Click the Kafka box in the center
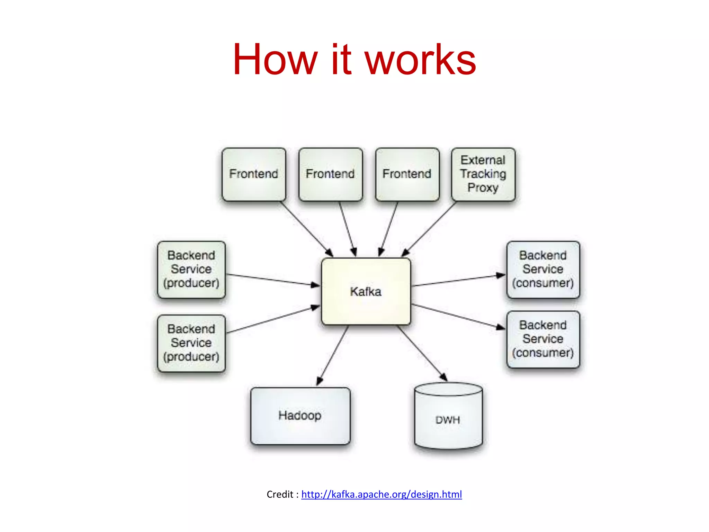click(x=366, y=292)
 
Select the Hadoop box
click(x=300, y=416)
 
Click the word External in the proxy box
click(x=483, y=160)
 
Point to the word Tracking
click(x=483, y=174)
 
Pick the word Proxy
click(x=483, y=188)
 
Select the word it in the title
click(x=341, y=60)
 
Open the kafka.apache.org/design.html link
click(x=382, y=494)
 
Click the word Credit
click(x=280, y=494)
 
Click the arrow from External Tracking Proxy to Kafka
click(x=429, y=229)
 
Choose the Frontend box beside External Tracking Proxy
click(x=407, y=174)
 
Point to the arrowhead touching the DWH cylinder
click(x=443, y=378)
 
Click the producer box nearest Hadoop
click(x=191, y=343)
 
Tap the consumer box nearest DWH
click(x=543, y=339)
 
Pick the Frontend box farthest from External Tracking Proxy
click(x=254, y=174)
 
